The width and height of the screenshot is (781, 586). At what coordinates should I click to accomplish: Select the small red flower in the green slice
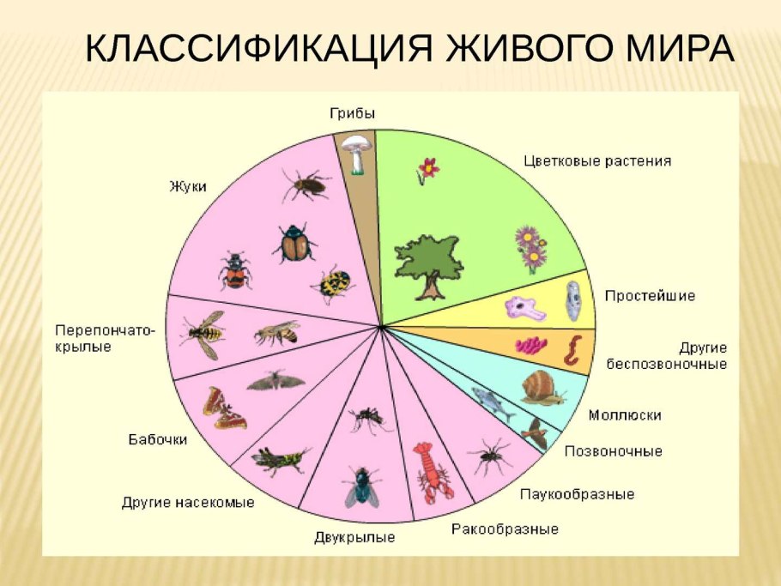pyautogui.click(x=427, y=168)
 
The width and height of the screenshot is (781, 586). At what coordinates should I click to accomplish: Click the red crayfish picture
pyautogui.click(x=433, y=471)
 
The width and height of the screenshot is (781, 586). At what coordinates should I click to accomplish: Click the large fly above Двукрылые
pyautogui.click(x=361, y=486)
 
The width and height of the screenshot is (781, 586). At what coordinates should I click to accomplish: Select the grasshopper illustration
pyautogui.click(x=279, y=459)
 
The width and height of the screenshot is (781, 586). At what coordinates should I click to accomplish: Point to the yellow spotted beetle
pyautogui.click(x=333, y=284)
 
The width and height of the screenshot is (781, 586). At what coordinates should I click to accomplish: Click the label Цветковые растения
pyautogui.click(x=597, y=160)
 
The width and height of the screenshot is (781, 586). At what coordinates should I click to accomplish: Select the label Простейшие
pyautogui.click(x=650, y=296)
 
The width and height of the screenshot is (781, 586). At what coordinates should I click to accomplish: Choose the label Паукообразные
pyautogui.click(x=577, y=494)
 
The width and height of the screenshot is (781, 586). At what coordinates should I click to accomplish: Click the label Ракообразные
pyautogui.click(x=505, y=529)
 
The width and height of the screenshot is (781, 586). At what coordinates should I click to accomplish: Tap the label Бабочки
pyautogui.click(x=157, y=439)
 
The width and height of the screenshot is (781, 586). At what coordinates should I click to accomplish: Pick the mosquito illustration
pyautogui.click(x=367, y=419)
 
